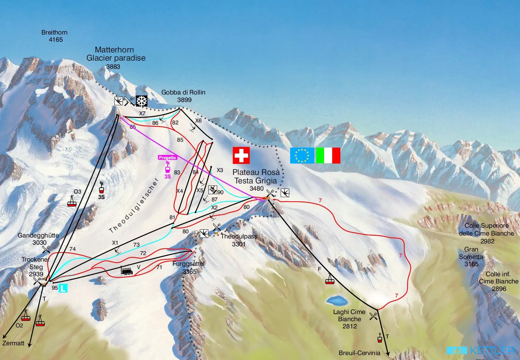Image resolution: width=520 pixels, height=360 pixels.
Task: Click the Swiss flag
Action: (x=241, y=155)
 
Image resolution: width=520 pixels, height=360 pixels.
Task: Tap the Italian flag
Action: (x=328, y=155)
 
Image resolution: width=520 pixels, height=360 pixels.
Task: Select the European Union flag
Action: (x=302, y=155)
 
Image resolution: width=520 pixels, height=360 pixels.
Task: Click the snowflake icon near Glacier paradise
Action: (x=141, y=101)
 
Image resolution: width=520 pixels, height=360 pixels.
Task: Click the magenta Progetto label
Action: (x=167, y=158)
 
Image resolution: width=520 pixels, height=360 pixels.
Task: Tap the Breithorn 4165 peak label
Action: (x=55, y=36)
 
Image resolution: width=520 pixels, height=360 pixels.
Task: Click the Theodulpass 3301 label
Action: (x=239, y=240)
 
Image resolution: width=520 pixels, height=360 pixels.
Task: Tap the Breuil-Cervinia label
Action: (x=359, y=353)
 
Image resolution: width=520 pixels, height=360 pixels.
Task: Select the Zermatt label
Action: (x=13, y=343)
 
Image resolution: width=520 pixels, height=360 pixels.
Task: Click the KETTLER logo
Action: (x=482, y=351)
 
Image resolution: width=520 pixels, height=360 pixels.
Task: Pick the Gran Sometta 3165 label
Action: (x=471, y=256)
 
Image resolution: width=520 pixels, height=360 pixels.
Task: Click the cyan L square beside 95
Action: (x=63, y=288)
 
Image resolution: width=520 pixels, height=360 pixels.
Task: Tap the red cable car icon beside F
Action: (x=330, y=279)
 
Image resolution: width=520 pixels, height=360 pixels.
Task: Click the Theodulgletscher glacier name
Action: (x=134, y=206)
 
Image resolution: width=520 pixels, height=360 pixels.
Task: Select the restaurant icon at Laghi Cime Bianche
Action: (x=374, y=315)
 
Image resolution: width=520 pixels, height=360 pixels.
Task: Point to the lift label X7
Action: (x=142, y=114)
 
